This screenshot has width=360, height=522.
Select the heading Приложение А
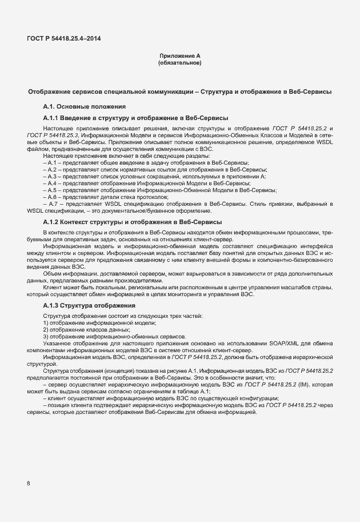coord(179,55)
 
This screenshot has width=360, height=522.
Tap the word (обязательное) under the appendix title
coord(179,62)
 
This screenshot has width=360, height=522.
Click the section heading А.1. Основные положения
coord(84,106)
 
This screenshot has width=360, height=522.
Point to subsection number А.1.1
coord(53,117)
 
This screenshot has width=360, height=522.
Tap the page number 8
coord(29,483)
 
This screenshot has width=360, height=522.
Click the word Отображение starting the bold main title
coord(50,91)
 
